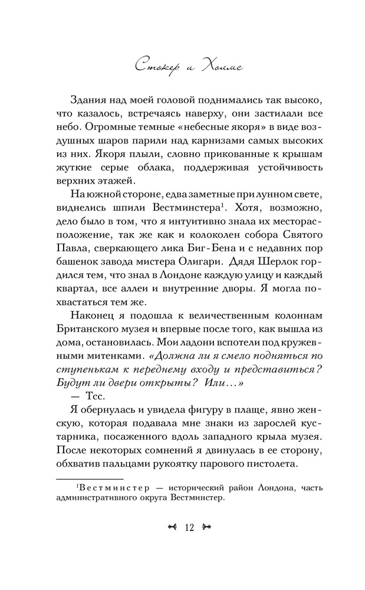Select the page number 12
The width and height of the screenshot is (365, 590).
(189, 528)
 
